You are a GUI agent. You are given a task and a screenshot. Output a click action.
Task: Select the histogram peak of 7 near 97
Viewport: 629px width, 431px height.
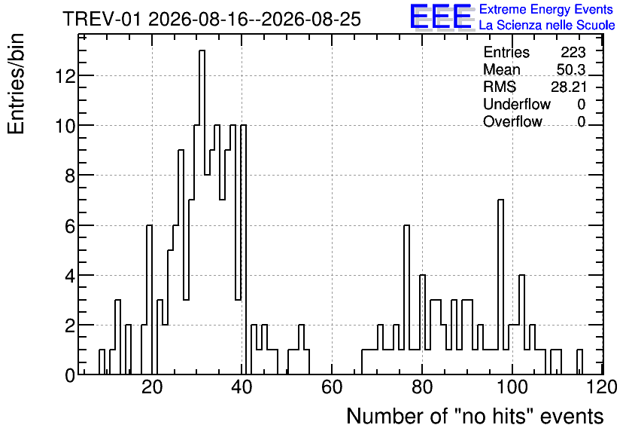[500, 287]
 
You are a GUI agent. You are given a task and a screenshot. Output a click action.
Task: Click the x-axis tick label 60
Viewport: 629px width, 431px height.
[332, 387]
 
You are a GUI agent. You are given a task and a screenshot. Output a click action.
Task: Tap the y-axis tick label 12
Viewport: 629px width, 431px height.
[65, 75]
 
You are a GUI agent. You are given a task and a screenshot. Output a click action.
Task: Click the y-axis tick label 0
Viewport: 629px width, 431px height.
[70, 375]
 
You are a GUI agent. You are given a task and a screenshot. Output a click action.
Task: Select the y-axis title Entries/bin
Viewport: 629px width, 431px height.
[17, 84]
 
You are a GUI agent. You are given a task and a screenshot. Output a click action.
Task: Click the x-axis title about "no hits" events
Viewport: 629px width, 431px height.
[475, 416]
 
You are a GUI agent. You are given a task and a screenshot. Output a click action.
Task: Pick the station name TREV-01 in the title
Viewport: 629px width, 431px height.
[102, 20]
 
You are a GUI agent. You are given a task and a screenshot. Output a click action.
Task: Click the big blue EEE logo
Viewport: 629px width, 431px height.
[442, 17]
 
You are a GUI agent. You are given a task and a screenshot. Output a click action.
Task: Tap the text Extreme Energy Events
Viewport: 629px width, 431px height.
[546, 9]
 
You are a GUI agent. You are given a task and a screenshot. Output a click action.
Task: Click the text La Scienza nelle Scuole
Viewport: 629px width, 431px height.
[547, 26]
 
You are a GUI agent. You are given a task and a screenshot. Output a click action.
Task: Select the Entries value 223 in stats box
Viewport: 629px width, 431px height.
[573, 52]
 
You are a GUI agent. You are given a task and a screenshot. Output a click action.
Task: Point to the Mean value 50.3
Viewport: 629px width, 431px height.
[571, 69]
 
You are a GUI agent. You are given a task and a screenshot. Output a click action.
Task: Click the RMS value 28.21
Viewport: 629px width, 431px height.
[568, 87]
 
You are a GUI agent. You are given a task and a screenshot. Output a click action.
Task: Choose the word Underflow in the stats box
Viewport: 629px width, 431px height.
[517, 104]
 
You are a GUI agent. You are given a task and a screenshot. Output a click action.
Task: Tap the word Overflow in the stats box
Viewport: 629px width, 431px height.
[512, 121]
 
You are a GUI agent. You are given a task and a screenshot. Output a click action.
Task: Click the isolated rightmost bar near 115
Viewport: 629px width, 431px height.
[579, 362]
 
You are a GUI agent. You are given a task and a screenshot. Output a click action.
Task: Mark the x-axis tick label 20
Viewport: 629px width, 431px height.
[152, 387]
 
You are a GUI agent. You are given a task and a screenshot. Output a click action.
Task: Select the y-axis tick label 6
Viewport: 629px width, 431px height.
[70, 226]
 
